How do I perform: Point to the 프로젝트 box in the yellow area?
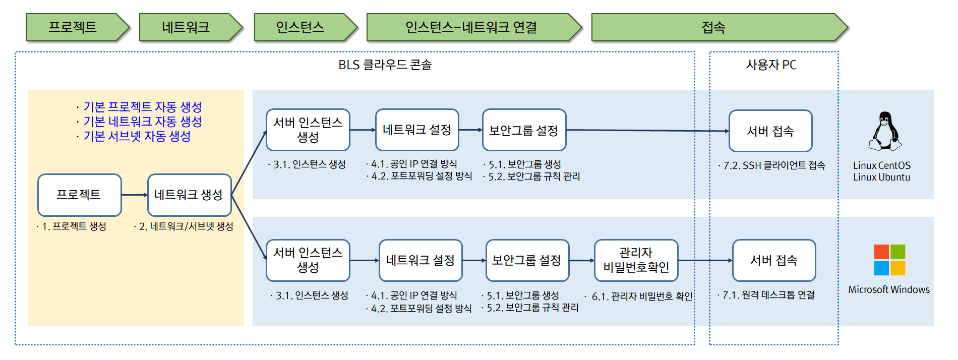point(79,195)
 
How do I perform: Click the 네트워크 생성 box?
point(189,195)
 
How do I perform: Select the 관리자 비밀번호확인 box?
point(636,260)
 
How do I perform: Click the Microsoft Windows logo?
point(889,260)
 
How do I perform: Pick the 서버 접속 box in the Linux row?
point(770,131)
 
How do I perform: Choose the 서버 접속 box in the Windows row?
point(773,260)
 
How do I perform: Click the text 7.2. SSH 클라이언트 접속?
point(774,165)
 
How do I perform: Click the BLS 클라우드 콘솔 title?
point(385,65)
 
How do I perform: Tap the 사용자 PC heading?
point(771,65)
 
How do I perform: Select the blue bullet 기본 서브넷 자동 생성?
point(137,136)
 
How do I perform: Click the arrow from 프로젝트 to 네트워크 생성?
point(134,195)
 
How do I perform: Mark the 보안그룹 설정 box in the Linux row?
point(524,130)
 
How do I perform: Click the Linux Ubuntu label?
point(881,177)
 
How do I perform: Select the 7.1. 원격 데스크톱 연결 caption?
point(768,295)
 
